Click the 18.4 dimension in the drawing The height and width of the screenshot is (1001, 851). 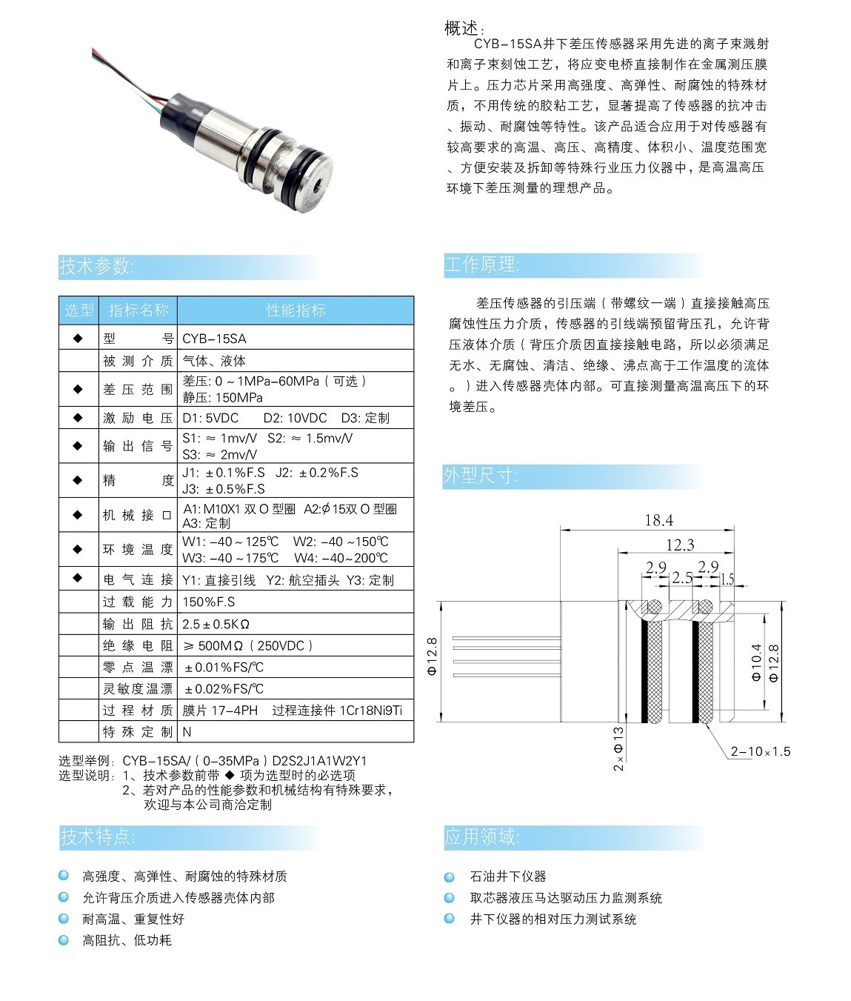(658, 520)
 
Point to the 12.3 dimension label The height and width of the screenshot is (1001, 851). (680, 545)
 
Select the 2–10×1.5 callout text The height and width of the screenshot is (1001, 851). (760, 751)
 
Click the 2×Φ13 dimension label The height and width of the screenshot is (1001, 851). (618, 749)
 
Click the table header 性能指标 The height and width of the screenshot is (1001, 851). (296, 310)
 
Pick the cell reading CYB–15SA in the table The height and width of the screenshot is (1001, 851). (214, 339)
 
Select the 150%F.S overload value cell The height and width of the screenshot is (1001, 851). (209, 602)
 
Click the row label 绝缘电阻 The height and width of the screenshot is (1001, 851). (138, 646)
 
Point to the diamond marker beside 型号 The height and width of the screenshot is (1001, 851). (78, 338)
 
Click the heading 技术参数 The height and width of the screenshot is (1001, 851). (96, 267)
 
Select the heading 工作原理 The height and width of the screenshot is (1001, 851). (481, 265)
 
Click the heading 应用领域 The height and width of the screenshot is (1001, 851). (481, 837)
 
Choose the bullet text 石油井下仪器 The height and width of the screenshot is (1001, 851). (508, 877)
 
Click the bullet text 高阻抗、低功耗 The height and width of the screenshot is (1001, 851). (127, 940)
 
